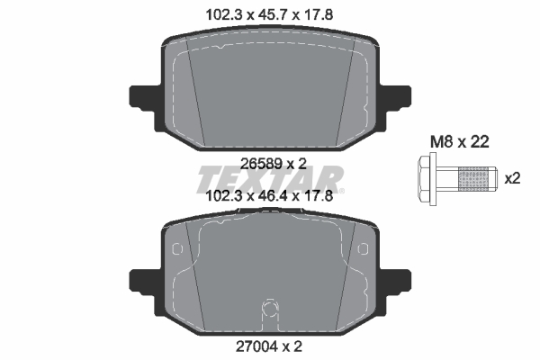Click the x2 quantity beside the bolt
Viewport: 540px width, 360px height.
click(x=513, y=178)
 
